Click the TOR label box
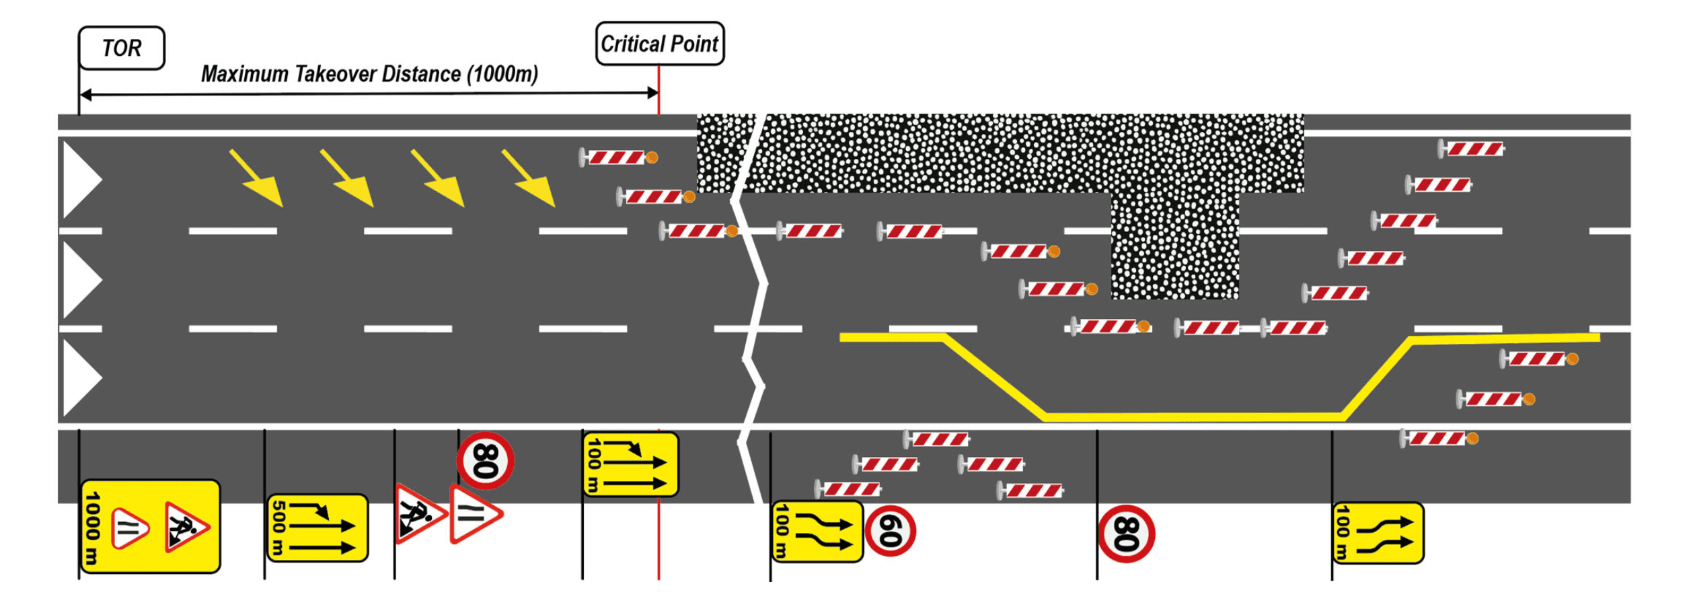click(x=122, y=48)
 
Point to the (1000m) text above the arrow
click(x=502, y=74)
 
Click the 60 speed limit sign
click(x=890, y=531)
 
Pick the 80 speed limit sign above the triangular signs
click(x=486, y=461)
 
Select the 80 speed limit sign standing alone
click(x=1126, y=534)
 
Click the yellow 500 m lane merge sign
click(x=317, y=528)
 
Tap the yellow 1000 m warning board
click(x=150, y=526)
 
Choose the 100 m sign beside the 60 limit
click(x=817, y=532)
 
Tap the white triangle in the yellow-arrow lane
click(x=81, y=180)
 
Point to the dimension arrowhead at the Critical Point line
click(x=652, y=93)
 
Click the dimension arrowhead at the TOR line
click(x=85, y=95)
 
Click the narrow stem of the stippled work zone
click(x=1174, y=246)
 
